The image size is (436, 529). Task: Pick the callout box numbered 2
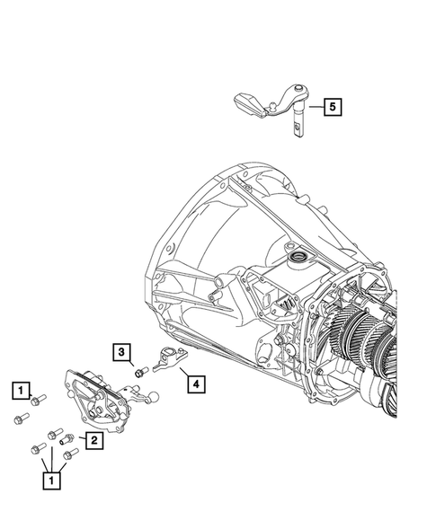[x=92, y=440]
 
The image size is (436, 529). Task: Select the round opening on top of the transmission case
[x=293, y=260]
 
